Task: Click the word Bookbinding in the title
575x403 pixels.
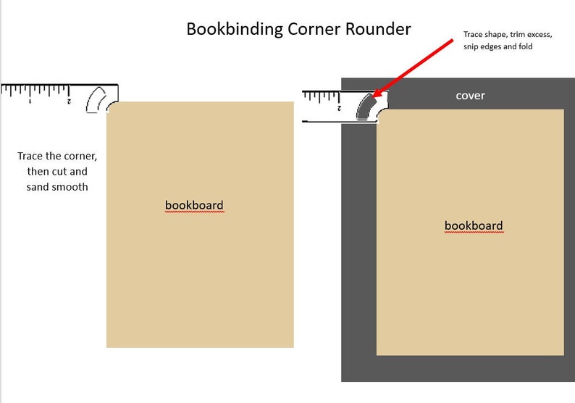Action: (235, 30)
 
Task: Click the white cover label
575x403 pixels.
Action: (471, 96)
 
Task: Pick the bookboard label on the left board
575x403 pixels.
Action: (194, 205)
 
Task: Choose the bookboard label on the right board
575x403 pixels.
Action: (474, 225)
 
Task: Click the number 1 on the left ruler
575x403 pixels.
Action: (30, 101)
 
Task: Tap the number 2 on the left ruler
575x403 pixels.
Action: (69, 101)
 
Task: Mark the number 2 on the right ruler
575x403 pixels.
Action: (339, 108)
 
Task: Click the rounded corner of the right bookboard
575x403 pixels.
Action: (379, 112)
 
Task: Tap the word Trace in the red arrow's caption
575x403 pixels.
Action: (473, 34)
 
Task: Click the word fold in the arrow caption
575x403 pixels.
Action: (526, 46)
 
